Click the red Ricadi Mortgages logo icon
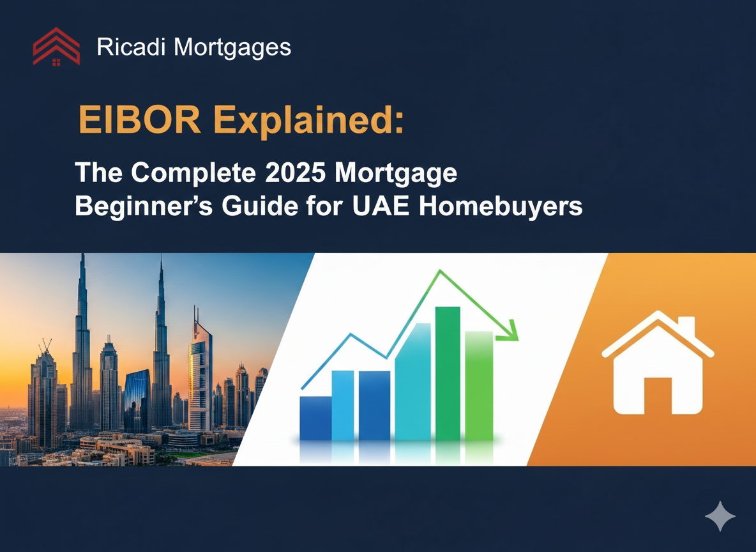click(x=56, y=47)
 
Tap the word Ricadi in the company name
click(x=131, y=47)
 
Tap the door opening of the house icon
click(x=658, y=395)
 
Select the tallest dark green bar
click(x=448, y=374)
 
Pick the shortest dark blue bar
click(x=315, y=418)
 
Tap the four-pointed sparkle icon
click(x=720, y=516)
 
